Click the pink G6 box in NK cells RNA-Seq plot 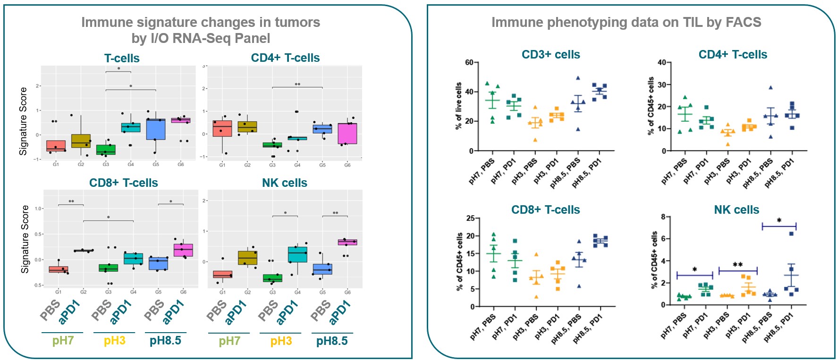point(347,242)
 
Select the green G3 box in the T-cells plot point(106,150)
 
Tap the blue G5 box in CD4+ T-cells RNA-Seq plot point(322,128)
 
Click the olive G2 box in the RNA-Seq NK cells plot point(247,258)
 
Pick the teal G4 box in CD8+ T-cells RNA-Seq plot point(133,259)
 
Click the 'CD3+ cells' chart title point(550,55)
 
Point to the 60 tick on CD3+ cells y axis point(469,62)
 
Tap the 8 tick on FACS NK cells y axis point(663,217)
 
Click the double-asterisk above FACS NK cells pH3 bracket point(737,265)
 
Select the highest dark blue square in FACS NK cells point(791,234)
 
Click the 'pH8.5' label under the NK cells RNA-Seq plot point(331,341)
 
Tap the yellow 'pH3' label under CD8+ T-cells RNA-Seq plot point(114,341)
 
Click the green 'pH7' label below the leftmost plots point(63,341)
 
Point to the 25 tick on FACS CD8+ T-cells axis point(470,218)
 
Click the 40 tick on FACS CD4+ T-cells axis point(661,62)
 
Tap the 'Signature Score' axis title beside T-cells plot point(23,121)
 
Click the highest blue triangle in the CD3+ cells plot point(578,78)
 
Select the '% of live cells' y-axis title point(458,106)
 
